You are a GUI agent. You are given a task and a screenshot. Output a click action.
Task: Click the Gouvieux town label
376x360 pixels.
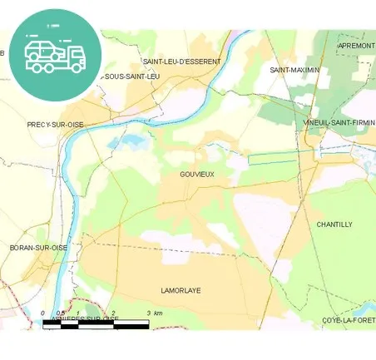[196, 174]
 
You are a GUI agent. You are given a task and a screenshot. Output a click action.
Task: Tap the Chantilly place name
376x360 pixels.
[334, 224]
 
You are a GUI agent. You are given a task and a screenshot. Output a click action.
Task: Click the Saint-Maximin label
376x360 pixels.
[294, 70]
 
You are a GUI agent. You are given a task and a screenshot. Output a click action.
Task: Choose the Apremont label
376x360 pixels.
[356, 45]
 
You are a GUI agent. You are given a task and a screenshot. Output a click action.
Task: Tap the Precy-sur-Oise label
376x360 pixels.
[55, 124]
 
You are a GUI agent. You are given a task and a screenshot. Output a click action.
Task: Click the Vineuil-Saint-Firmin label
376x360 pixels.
[339, 123]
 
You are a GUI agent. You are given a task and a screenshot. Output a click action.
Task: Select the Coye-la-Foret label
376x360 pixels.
[349, 320]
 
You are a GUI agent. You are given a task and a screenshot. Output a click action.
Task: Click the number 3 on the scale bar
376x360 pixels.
[148, 313]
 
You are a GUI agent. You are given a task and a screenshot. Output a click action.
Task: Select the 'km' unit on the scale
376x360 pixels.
[158, 313]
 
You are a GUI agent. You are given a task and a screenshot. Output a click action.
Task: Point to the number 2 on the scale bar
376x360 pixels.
[114, 313]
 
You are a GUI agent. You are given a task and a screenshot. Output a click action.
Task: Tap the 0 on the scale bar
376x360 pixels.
[43, 313]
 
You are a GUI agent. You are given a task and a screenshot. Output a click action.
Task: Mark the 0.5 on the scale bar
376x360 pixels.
[61, 313]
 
